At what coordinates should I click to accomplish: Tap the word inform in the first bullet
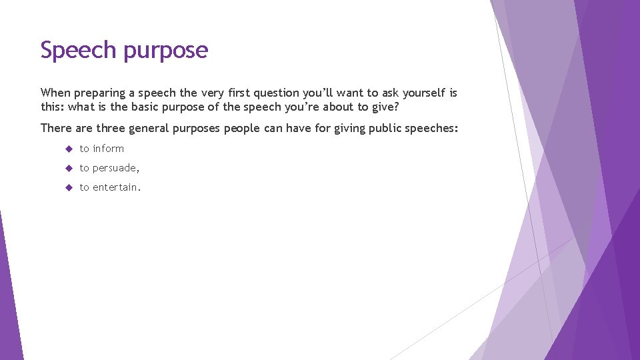click(108, 149)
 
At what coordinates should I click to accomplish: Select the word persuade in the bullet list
click(115, 168)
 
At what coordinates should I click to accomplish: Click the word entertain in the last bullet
click(116, 187)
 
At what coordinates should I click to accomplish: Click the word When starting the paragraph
click(55, 93)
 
